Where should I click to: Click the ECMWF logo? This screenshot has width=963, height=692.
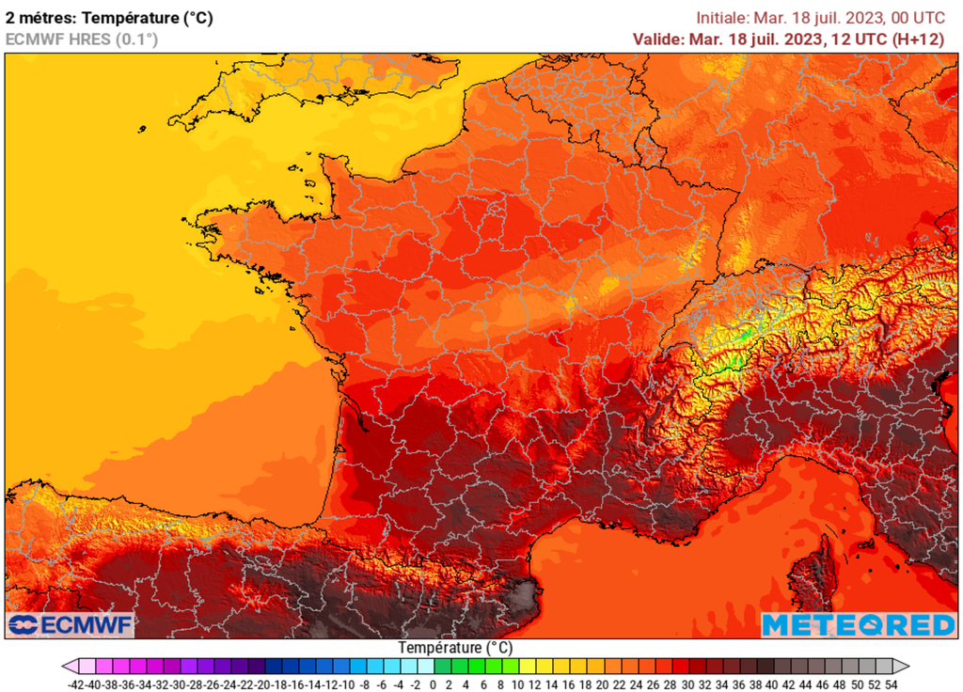coord(71,624)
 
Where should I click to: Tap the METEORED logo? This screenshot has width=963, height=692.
coord(858,624)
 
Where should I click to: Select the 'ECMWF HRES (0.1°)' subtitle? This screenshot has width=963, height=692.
coord(82,39)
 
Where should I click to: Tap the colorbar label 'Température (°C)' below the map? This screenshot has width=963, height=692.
coord(455,648)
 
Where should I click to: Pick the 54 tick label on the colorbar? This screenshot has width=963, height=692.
coord(891,684)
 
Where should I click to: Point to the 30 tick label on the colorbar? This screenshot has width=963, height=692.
coord(687,684)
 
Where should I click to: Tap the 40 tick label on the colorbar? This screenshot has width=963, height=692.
coord(772,684)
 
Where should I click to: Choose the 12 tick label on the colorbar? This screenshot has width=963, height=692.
coord(535,684)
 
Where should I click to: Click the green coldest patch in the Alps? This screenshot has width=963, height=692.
coord(743,335)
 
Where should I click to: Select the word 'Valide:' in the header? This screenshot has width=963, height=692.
coord(658,39)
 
